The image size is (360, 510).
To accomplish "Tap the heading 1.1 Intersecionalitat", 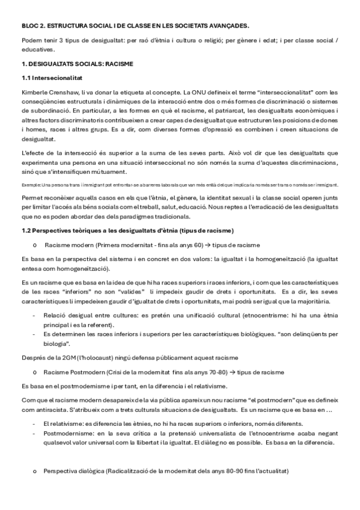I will pos(51,78).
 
